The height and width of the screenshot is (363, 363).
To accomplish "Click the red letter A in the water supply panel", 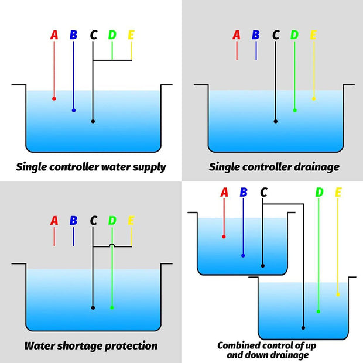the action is (54, 35).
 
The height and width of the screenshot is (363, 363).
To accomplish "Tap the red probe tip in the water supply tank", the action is (54, 99).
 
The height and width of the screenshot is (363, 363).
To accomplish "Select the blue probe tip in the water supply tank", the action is (74, 111).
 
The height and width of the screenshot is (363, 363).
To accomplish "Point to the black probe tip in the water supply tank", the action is (93, 121).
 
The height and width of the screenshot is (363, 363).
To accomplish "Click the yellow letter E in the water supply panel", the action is (131, 35).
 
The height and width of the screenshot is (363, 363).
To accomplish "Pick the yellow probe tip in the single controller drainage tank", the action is (314, 99).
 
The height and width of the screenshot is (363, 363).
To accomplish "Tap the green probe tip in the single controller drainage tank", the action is (294, 111).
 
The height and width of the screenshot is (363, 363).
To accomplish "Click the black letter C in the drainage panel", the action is (276, 35).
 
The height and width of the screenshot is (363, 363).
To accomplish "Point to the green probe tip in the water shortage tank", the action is (112, 307).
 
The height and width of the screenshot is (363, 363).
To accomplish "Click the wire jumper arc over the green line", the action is (112, 245).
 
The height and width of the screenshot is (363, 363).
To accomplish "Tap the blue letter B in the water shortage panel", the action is (73, 221).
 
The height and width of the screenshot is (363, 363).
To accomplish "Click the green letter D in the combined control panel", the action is (319, 193).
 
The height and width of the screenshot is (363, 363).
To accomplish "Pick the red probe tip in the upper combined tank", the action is (224, 237).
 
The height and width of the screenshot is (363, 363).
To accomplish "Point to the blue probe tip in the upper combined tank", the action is (243, 256).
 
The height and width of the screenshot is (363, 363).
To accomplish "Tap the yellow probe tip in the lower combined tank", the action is (338, 294).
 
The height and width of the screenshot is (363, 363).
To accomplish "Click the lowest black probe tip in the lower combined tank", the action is (303, 328).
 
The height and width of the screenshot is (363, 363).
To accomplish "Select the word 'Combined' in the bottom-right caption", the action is (235, 345).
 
